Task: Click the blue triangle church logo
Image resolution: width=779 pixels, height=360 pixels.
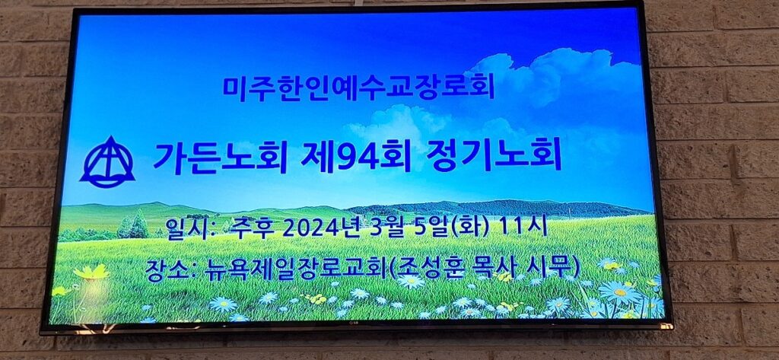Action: point(107,163)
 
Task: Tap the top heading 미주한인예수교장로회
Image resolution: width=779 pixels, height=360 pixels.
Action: point(358,87)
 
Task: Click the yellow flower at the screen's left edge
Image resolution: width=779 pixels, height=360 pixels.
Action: point(91,272)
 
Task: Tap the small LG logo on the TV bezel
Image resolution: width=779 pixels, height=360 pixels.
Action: point(355,325)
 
